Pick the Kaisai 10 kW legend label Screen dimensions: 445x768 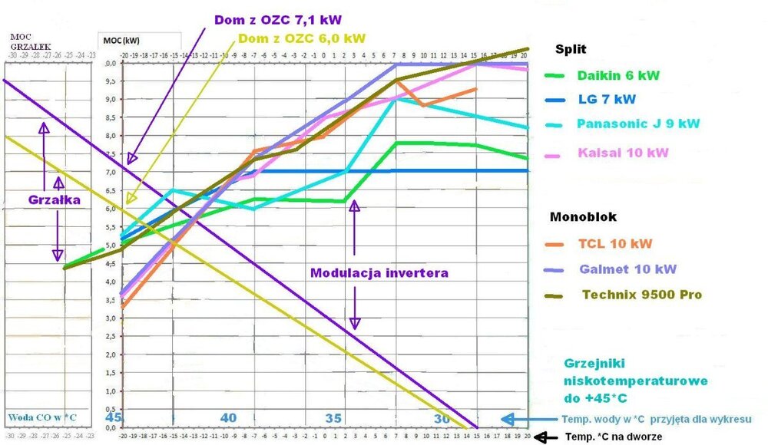coord(617,153)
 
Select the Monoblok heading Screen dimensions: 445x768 coord(583,217)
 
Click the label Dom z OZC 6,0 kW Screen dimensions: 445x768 coord(302,37)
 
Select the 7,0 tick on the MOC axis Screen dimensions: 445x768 coord(111,172)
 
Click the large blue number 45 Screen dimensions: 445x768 coord(112,418)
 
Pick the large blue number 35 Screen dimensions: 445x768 coord(333,418)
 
